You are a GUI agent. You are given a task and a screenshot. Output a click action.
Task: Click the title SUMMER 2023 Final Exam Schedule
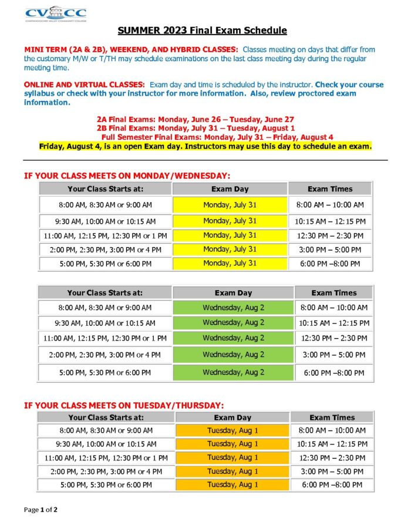pyautogui.click(x=202, y=30)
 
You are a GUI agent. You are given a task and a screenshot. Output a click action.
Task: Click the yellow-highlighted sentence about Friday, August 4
pyautogui.click(x=206, y=146)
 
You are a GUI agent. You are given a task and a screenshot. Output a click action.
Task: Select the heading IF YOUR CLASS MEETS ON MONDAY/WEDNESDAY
pyautogui.click(x=127, y=175)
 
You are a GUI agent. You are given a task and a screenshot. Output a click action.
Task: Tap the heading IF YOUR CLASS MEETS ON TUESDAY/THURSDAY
pyautogui.click(x=123, y=405)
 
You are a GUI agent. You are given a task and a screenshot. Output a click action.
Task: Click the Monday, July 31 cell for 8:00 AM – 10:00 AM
pyautogui.click(x=230, y=205)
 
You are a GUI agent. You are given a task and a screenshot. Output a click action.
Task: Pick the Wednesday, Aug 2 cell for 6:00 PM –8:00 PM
pyautogui.click(x=233, y=372)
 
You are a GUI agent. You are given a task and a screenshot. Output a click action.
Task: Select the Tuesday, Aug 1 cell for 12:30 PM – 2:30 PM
pyautogui.click(x=233, y=457)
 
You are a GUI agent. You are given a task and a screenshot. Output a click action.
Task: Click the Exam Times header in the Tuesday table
pyautogui.click(x=332, y=417)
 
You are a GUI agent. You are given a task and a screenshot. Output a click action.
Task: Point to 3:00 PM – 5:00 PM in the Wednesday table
pyautogui.click(x=333, y=355)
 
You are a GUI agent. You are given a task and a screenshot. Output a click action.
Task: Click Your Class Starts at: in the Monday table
pyautogui.click(x=106, y=189)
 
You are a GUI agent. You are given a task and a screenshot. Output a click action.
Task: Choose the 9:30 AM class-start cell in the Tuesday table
pyautogui.click(x=106, y=444)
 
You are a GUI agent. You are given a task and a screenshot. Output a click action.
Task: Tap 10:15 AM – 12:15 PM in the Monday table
pyautogui.click(x=331, y=221)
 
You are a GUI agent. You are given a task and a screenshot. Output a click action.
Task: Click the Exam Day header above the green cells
pyautogui.click(x=233, y=292)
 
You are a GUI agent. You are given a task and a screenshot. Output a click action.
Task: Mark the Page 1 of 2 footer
pyautogui.click(x=41, y=510)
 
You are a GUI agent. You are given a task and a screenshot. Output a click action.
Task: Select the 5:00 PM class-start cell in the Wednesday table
pyautogui.click(x=105, y=373)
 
